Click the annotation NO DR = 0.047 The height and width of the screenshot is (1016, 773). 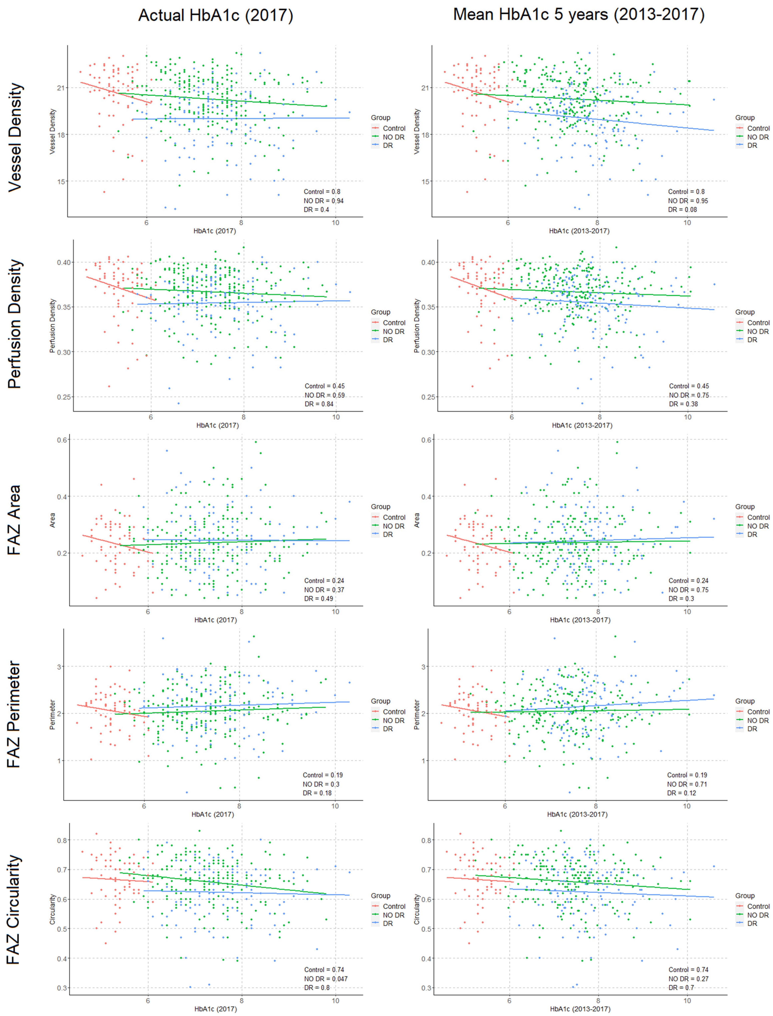click(x=325, y=979)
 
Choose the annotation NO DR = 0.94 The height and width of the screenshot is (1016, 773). click(x=323, y=201)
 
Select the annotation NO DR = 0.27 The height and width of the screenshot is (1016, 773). click(x=688, y=979)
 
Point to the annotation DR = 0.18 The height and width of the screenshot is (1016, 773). click(x=317, y=793)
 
